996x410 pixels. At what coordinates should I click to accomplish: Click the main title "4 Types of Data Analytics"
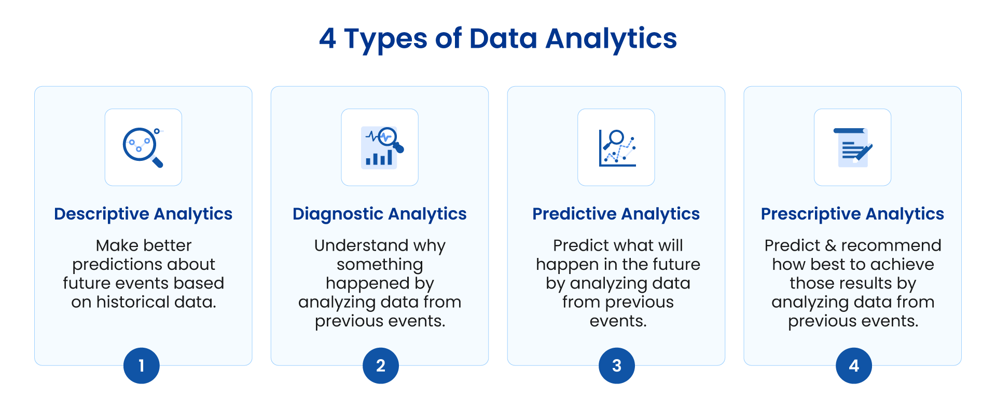point(498,39)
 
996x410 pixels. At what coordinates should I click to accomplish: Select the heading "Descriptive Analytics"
point(143,214)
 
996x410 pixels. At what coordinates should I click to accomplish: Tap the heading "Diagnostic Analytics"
point(380,214)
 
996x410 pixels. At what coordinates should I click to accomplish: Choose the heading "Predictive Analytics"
point(616,214)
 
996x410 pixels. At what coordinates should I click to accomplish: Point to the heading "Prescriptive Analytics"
point(852,214)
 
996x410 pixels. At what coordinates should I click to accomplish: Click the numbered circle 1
point(142,366)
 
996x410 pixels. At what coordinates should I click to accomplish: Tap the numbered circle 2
point(381,366)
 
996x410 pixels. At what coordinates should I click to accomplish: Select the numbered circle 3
point(617,366)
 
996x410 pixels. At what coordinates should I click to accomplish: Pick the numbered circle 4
point(854,366)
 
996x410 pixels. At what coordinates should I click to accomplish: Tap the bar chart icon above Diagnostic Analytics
point(382,147)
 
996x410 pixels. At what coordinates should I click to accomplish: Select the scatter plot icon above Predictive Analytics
point(617,148)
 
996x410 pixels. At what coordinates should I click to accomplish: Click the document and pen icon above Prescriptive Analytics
point(853,147)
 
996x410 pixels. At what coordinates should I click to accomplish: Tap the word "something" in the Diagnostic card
point(380,265)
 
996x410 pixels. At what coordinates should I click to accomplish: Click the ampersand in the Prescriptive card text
point(831,245)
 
